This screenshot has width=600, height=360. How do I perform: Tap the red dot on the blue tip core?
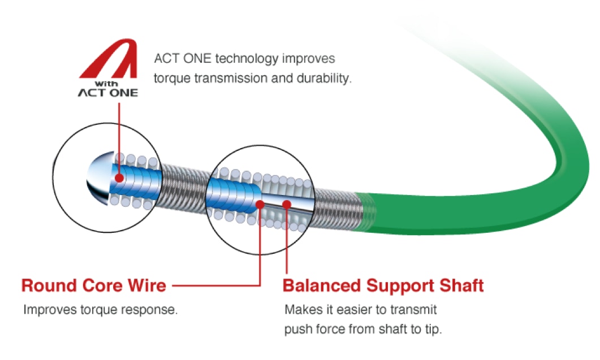[x=119, y=178]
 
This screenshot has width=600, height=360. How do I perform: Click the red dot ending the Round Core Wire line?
[x=260, y=204]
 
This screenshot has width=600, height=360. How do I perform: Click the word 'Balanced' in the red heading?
[x=322, y=285]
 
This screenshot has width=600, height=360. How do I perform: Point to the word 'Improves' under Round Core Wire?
[x=50, y=310]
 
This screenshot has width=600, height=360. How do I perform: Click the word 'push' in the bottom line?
[x=296, y=329]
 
